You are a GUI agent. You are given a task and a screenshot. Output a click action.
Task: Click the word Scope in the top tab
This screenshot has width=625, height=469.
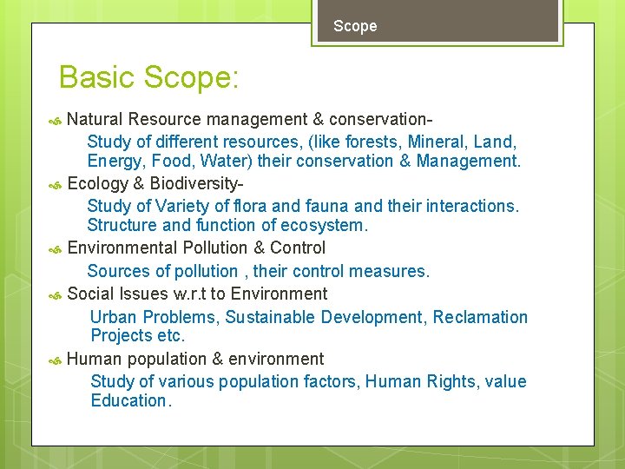(x=355, y=26)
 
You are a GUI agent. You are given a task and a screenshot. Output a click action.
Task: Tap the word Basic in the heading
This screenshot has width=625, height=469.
(x=96, y=77)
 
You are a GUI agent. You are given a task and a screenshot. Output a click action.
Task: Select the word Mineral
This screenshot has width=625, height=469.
(x=435, y=141)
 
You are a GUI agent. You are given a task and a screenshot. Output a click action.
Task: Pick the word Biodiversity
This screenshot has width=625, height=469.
(x=195, y=183)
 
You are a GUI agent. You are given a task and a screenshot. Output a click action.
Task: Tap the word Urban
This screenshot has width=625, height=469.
(x=113, y=317)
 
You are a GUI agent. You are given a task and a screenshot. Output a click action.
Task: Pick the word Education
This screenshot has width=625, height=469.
(x=130, y=400)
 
